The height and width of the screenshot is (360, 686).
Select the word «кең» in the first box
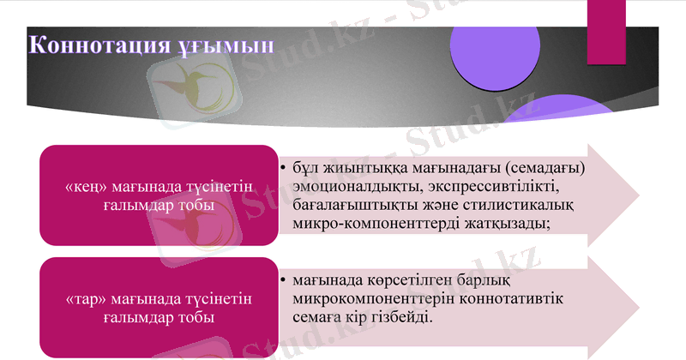click(x=84, y=187)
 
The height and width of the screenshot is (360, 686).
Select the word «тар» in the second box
click(x=83, y=299)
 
